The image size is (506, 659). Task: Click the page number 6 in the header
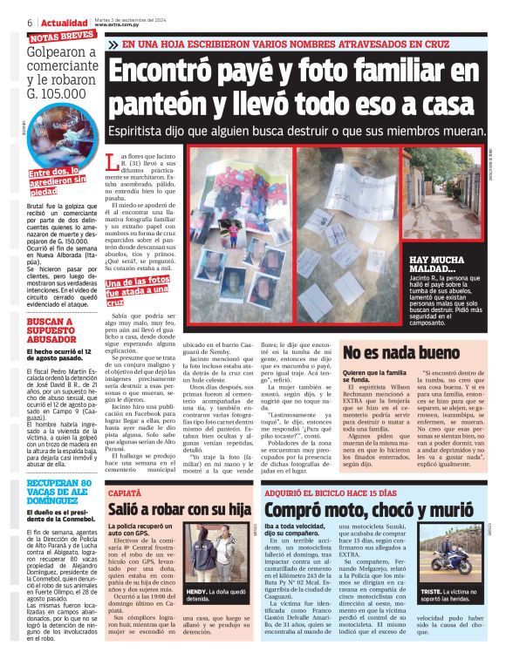(31, 22)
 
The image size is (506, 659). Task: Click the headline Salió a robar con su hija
(180, 510)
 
